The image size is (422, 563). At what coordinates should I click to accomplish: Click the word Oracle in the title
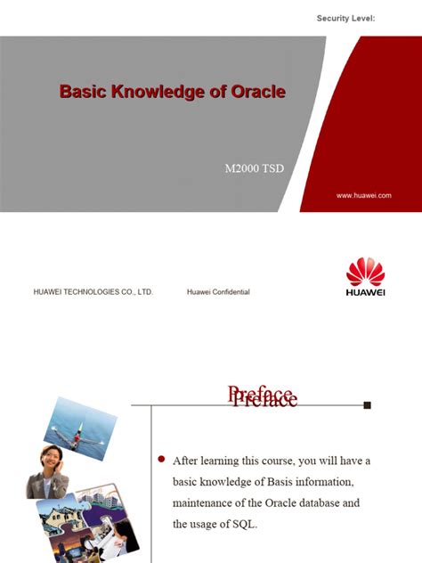click(255, 92)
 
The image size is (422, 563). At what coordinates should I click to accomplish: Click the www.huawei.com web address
click(363, 195)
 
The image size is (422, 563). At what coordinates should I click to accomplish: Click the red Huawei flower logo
click(365, 272)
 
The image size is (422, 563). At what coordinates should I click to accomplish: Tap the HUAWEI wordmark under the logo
click(365, 293)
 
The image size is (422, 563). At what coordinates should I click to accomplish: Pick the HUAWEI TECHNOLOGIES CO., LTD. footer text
click(93, 291)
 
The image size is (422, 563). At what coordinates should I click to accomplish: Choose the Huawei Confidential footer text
click(218, 291)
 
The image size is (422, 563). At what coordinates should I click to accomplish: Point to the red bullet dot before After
click(161, 459)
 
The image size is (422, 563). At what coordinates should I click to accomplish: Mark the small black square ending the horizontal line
click(367, 404)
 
